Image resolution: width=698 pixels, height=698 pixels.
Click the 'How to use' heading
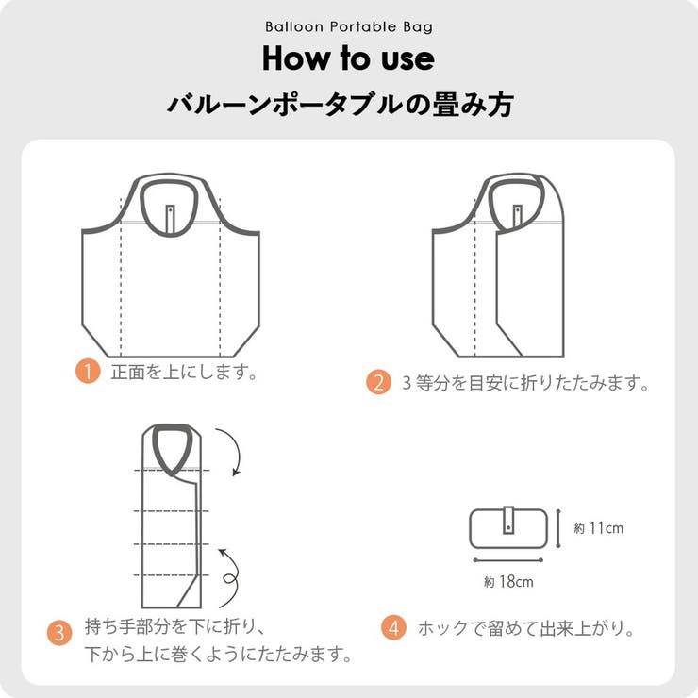348,58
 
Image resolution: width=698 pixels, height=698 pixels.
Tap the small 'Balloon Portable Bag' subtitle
348,27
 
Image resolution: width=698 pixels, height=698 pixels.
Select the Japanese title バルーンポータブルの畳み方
340,105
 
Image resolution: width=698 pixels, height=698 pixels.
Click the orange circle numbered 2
378,383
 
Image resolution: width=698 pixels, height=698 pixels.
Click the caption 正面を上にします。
184,372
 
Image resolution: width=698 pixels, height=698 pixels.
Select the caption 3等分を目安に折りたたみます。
526,383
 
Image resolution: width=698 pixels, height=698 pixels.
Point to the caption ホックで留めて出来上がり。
525,628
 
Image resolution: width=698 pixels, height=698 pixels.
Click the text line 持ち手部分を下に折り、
178,626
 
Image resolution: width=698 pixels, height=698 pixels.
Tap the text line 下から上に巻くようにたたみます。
219,653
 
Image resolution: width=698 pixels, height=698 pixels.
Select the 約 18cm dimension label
508,582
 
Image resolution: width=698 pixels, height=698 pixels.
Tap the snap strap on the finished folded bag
507,522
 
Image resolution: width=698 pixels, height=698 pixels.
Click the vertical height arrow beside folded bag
558,529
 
